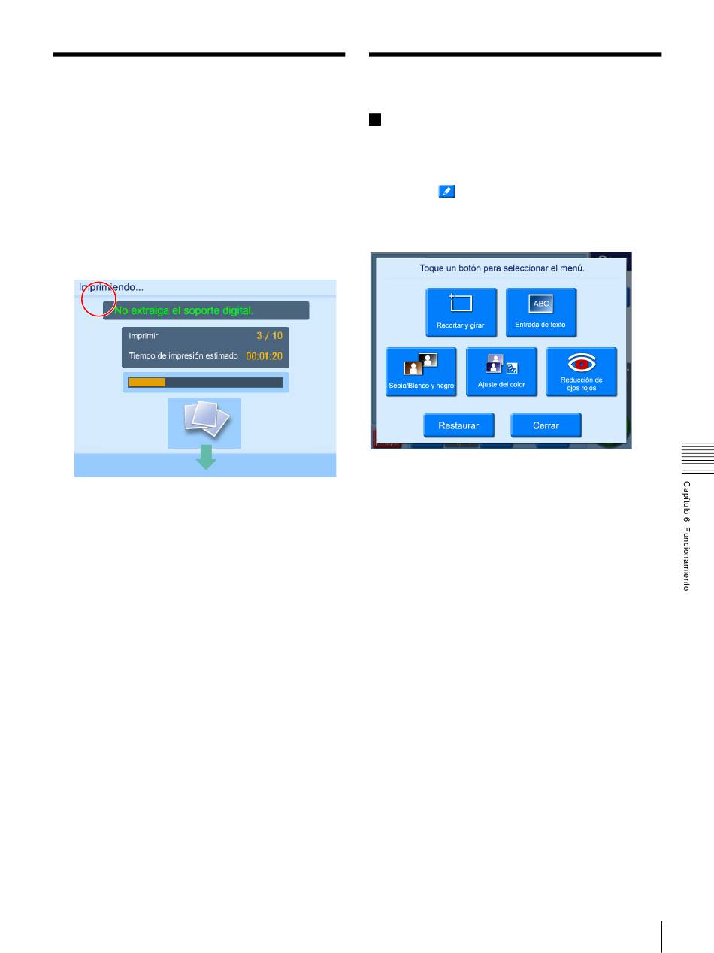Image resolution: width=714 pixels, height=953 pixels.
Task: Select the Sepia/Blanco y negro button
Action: point(421,372)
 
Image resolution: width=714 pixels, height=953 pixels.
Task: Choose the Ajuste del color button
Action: point(501,372)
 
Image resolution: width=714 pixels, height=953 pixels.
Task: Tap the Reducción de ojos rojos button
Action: point(581,372)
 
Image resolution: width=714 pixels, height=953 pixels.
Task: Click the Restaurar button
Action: point(458,425)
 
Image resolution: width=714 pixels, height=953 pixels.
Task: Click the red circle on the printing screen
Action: point(98,298)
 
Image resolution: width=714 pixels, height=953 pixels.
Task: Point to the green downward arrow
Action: point(206,457)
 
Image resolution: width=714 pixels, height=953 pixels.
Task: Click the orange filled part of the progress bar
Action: point(147,383)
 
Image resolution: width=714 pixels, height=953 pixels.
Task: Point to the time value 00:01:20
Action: point(265,356)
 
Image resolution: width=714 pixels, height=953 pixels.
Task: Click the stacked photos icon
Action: point(204,422)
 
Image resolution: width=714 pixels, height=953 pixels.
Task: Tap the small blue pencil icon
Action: point(446,193)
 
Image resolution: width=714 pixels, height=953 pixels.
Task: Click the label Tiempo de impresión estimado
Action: point(183,355)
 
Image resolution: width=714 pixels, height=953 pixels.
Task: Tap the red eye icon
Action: point(581,362)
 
